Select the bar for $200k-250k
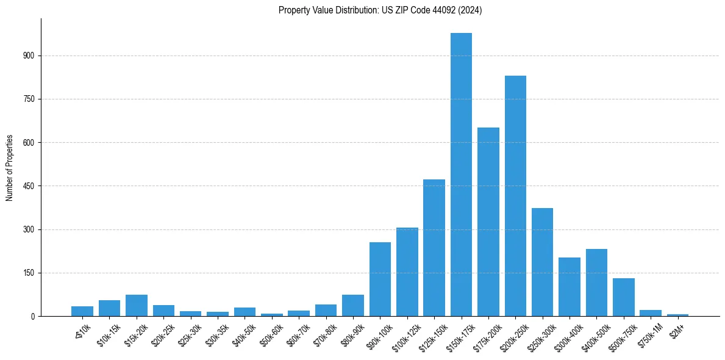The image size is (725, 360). pos(515,196)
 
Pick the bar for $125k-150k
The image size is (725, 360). pos(434,248)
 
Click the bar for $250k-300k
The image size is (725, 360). pos(542,262)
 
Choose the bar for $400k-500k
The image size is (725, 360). pos(596,283)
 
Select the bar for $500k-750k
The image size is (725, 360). pos(623,297)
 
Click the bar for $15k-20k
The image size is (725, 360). pos(137,306)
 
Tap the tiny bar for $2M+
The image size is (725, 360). pos(677,315)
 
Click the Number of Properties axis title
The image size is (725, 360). pos(10,168)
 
